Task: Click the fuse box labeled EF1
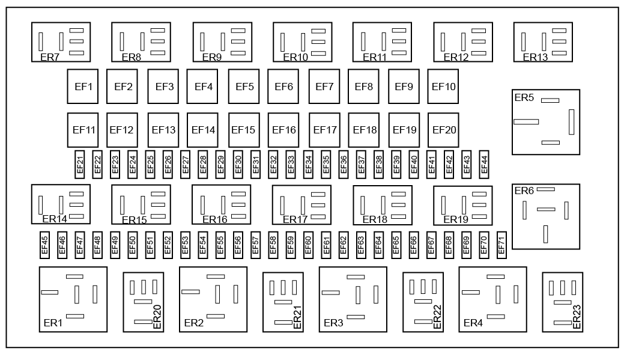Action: (83, 87)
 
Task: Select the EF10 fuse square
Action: (443, 87)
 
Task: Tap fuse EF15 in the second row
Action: (244, 130)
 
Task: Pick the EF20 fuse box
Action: (443, 130)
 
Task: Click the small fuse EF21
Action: (80, 165)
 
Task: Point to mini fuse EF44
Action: (484, 165)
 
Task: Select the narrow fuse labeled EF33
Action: (291, 165)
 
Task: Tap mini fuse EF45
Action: (44, 245)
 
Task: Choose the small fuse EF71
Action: (501, 245)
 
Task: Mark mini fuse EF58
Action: (273, 245)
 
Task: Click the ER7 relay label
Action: (50, 57)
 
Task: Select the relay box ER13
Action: (543, 42)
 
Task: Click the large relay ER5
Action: (545, 122)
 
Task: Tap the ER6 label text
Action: (524, 191)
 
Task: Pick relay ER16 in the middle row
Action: (221, 205)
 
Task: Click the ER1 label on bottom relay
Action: (53, 323)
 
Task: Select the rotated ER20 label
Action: (157, 317)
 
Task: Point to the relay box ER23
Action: (562, 302)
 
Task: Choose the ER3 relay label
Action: (333, 323)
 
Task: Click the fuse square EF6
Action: (283, 87)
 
